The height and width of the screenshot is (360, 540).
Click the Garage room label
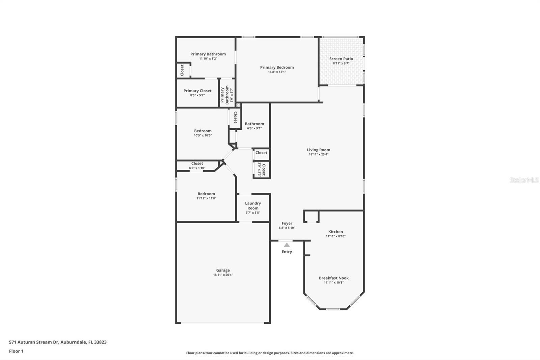pyautogui.click(x=223, y=270)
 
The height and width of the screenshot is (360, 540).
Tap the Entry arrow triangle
pyautogui.click(x=287, y=245)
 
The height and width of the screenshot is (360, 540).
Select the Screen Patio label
pyautogui.click(x=341, y=59)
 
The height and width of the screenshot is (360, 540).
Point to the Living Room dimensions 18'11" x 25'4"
pyautogui.click(x=318, y=154)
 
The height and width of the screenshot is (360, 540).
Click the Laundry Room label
pyautogui.click(x=253, y=206)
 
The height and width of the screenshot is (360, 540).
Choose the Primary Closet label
pyautogui.click(x=197, y=91)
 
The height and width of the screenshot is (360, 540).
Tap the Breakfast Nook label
pyautogui.click(x=333, y=278)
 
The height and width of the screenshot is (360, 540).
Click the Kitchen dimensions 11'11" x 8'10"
pyautogui.click(x=335, y=236)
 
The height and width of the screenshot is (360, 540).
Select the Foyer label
pyautogui.click(x=287, y=223)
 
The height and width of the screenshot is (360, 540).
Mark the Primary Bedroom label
pyautogui.click(x=277, y=67)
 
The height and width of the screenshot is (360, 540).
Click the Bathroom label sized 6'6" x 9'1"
pyautogui.click(x=254, y=124)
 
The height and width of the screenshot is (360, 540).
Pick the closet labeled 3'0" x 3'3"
pyautogui.click(x=262, y=170)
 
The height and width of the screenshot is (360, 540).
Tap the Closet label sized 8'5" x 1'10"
pyautogui.click(x=197, y=163)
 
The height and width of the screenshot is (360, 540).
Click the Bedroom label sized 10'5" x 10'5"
pyautogui.click(x=202, y=131)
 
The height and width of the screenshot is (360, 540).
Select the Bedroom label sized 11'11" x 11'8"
pyautogui.click(x=206, y=194)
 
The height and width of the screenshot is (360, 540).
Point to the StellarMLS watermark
pyautogui.click(x=524, y=180)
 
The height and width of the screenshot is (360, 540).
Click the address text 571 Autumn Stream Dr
pyautogui.click(x=57, y=342)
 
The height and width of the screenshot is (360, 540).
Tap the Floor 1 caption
pyautogui.click(x=16, y=351)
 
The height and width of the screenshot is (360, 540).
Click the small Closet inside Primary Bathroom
pyautogui.click(x=182, y=70)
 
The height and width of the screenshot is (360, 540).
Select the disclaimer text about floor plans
pyautogui.click(x=270, y=353)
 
